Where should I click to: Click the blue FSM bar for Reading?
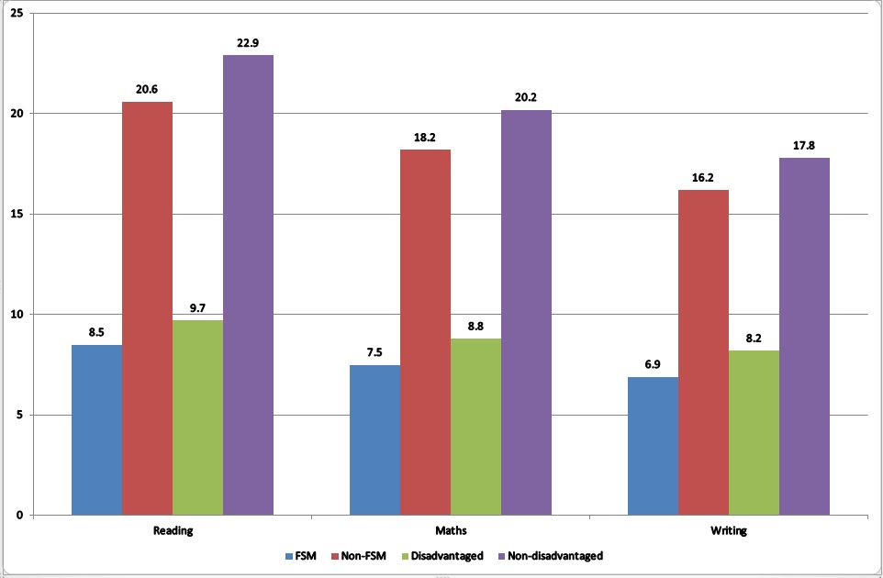[x=96, y=429]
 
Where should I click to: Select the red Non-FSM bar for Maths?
[x=425, y=332]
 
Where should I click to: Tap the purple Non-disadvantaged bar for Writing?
[x=804, y=336]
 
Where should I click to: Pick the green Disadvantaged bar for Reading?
[x=197, y=417]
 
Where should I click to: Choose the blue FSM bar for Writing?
[x=653, y=446]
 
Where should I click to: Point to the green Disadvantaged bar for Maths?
[x=475, y=427]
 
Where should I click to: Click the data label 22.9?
[x=248, y=43]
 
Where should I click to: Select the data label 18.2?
[x=425, y=138]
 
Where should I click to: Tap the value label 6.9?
[x=653, y=365]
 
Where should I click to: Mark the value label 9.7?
[x=197, y=308]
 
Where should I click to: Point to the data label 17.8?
[x=804, y=146]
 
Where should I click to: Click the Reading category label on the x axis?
[x=173, y=531]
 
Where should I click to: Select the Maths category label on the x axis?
[x=451, y=531]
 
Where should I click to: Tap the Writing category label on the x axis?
[x=729, y=531]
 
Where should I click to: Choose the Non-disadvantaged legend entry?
[x=549, y=556]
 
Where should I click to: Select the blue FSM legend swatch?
[x=288, y=556]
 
